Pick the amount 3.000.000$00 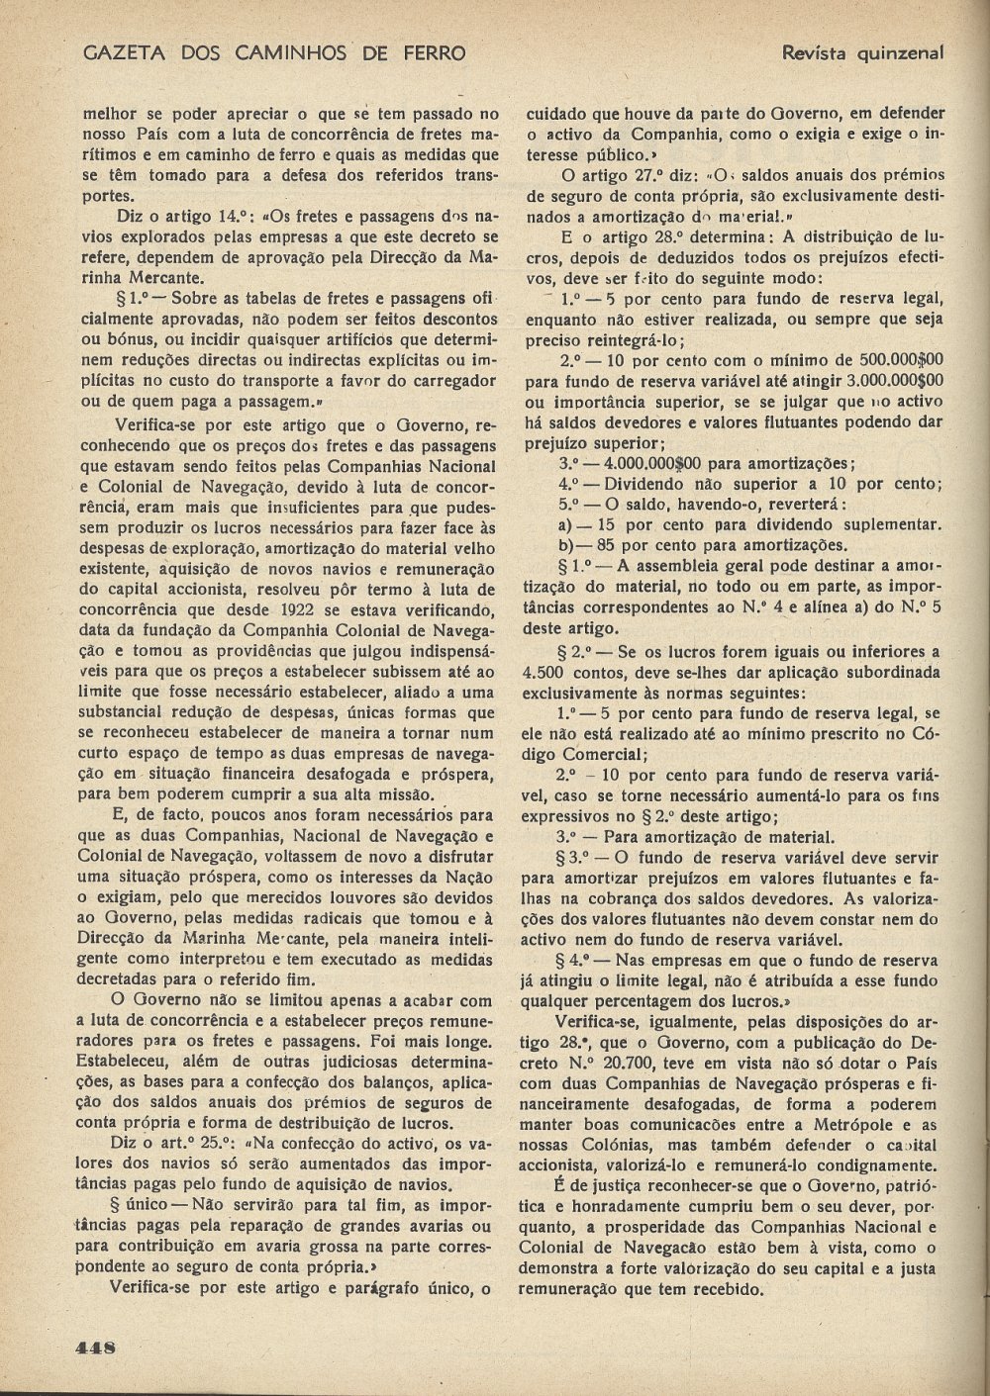[889, 379]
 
